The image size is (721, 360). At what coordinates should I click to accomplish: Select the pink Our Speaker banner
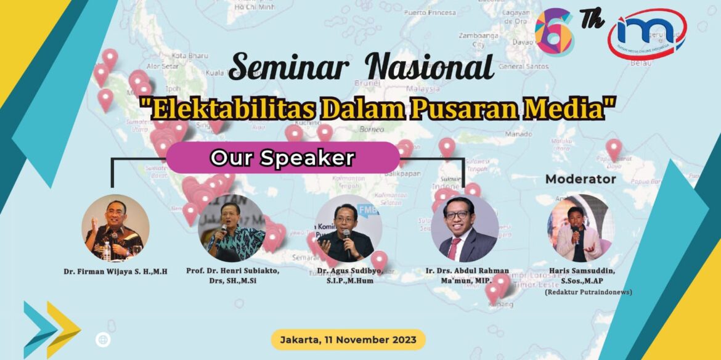point(283,158)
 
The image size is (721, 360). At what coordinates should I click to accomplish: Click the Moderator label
point(580,179)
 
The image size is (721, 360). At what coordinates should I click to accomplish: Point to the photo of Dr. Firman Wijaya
point(115,228)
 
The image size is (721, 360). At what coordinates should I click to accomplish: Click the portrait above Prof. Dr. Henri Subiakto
point(232,228)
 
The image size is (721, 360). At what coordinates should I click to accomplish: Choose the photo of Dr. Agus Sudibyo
point(348,229)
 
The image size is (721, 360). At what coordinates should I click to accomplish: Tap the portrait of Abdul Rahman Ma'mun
point(464,229)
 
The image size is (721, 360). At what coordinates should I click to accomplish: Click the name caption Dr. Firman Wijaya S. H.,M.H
point(115,271)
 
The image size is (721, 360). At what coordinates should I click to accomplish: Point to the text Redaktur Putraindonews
point(589,292)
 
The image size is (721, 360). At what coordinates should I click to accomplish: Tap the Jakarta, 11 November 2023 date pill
point(348,340)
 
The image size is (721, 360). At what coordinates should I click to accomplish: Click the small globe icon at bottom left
point(103,340)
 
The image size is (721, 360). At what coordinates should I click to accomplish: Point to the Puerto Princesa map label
point(438,12)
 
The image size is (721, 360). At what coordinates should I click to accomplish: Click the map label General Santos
point(519,66)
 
